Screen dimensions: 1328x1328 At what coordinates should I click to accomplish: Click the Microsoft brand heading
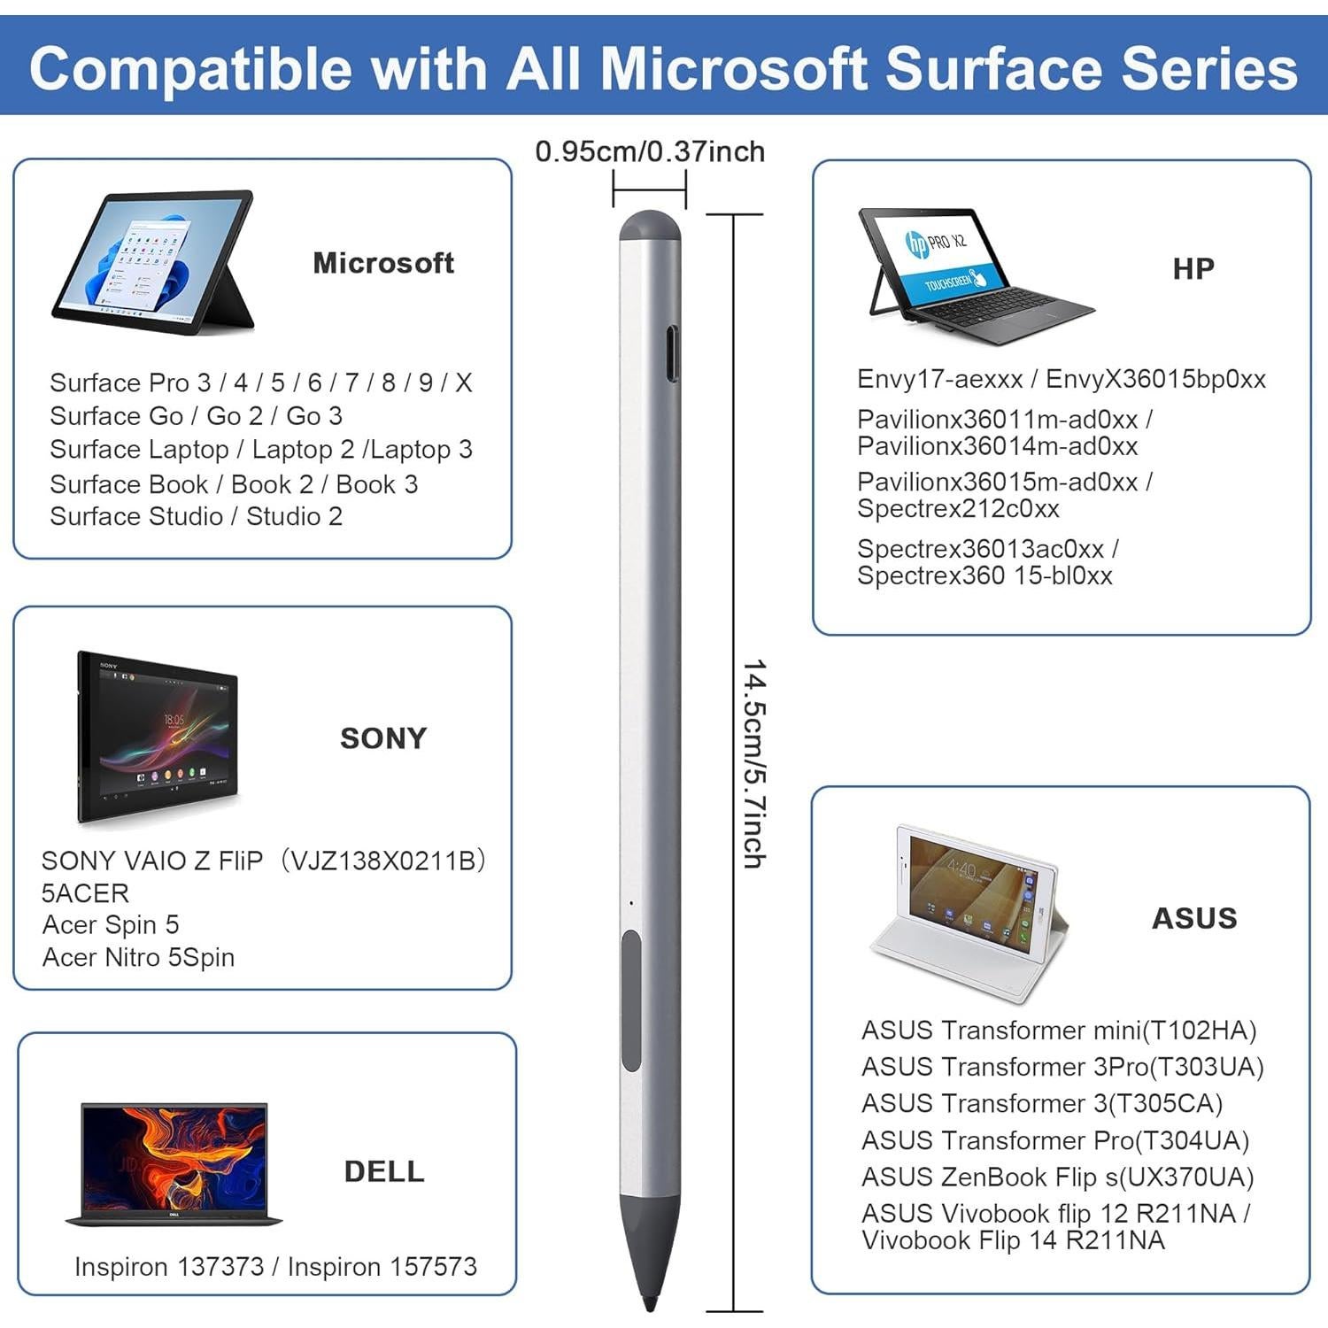pos(383,263)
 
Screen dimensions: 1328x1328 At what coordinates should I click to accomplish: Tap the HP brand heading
pos(1193,268)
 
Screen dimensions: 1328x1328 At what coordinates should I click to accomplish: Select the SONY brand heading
pos(383,737)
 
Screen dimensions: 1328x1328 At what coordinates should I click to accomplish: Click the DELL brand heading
pos(384,1170)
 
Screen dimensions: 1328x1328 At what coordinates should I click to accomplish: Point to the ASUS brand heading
pos(1194,918)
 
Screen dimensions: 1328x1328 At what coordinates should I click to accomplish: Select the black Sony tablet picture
pos(158,737)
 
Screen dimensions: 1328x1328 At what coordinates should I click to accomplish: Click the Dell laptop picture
pos(174,1163)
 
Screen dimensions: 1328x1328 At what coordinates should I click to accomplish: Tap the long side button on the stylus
pos(631,1000)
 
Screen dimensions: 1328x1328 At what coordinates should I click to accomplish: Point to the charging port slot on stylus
pos(672,353)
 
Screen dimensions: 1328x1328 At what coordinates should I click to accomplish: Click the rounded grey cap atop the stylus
pos(650,227)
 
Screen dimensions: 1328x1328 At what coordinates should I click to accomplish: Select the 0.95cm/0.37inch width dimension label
pos(650,151)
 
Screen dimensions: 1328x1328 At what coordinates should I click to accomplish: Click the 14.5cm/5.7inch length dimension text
pos(753,763)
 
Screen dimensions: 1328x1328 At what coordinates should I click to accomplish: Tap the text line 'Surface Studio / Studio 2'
pos(196,516)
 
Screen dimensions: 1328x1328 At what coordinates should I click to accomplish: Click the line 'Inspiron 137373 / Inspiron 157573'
pos(275,1267)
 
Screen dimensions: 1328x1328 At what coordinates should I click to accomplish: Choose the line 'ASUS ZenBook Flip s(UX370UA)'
pos(1057,1177)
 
